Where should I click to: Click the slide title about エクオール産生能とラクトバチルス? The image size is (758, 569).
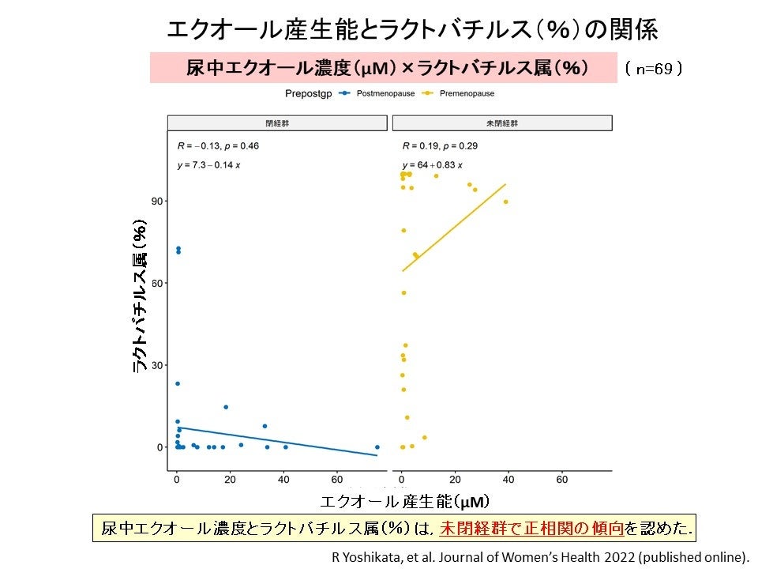click(x=411, y=29)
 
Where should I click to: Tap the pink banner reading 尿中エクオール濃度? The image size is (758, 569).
click(x=384, y=68)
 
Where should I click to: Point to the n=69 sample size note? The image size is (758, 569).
click(x=653, y=69)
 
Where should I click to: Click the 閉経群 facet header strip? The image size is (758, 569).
click(x=277, y=123)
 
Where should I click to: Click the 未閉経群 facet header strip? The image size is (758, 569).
click(x=502, y=123)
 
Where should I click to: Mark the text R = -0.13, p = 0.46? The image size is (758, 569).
click(x=218, y=146)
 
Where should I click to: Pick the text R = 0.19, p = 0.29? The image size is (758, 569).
click(x=440, y=146)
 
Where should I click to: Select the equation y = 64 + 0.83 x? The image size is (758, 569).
click(x=432, y=165)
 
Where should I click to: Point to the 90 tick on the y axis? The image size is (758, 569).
click(x=157, y=202)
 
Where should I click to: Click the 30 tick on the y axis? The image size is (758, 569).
click(x=157, y=365)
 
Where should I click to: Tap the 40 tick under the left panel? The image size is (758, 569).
click(x=283, y=479)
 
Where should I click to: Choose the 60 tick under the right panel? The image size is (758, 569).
click(x=562, y=479)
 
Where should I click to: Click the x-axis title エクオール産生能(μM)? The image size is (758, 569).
click(x=404, y=501)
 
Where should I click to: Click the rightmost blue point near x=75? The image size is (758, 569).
click(x=377, y=447)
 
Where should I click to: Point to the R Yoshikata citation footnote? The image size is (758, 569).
click(x=540, y=556)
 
